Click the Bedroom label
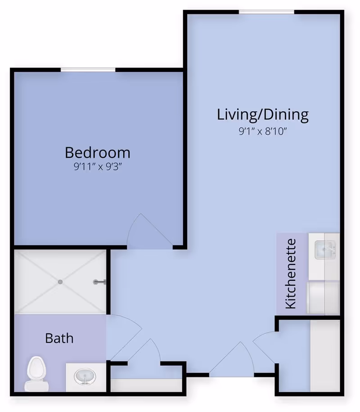98,152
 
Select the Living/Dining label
263,114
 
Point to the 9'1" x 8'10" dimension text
263,132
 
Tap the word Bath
59,337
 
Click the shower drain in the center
60,282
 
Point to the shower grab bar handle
99,282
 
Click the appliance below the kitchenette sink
322,297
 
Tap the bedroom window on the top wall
88,69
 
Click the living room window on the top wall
266,12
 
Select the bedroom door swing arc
144,232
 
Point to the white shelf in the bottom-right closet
324,355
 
